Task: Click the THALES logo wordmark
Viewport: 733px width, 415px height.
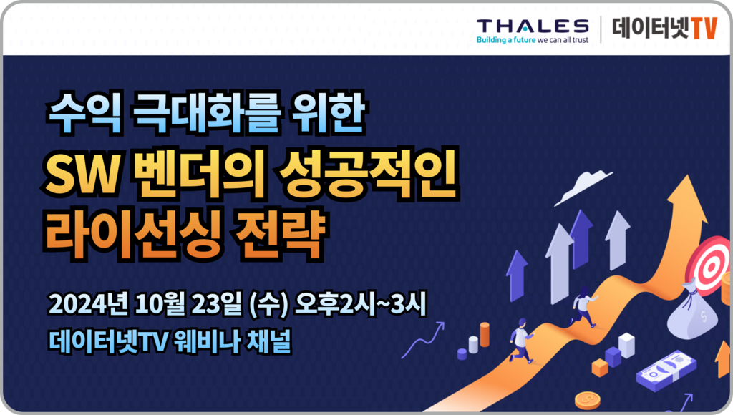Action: [x=533, y=26]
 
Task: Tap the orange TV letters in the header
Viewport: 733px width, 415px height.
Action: [x=704, y=28]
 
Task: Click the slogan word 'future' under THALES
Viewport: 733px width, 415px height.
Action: [x=525, y=40]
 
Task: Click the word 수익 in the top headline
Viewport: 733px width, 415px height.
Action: [x=84, y=114]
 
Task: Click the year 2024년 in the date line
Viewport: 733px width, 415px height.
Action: [x=88, y=304]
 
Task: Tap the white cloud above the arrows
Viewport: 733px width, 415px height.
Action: [x=583, y=187]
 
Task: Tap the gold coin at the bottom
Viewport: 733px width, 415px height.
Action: [x=587, y=401]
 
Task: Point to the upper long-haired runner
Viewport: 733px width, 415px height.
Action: [x=583, y=306]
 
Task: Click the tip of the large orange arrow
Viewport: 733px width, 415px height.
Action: [x=688, y=176]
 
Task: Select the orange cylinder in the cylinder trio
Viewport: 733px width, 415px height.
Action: [x=485, y=335]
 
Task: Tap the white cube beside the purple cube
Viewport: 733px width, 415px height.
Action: [x=626, y=346]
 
